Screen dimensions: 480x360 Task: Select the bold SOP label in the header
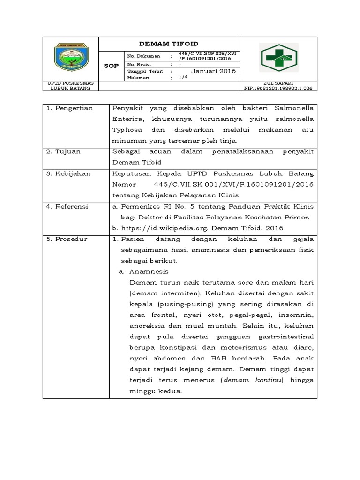click(111, 66)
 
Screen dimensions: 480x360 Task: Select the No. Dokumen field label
click(143, 56)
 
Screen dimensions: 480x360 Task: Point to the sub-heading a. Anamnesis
click(143, 271)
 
